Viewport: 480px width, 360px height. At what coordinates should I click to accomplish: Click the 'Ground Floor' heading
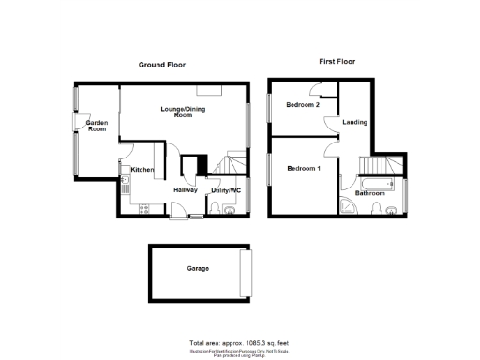[162, 65]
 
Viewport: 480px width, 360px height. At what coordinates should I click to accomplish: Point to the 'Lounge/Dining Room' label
[182, 112]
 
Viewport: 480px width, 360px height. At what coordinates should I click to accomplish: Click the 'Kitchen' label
[142, 169]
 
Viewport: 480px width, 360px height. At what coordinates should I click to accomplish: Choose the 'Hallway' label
[185, 190]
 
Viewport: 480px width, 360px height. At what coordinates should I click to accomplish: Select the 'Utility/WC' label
[226, 190]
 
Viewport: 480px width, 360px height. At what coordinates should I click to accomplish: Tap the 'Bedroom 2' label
[304, 105]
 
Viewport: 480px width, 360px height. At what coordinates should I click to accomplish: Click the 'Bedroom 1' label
[304, 168]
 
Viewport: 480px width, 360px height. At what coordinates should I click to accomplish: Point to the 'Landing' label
[355, 123]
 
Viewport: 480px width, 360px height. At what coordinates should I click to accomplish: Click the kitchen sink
[125, 183]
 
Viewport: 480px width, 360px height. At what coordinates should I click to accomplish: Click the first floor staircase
[394, 167]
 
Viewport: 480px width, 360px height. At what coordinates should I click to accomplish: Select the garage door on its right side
[247, 271]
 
